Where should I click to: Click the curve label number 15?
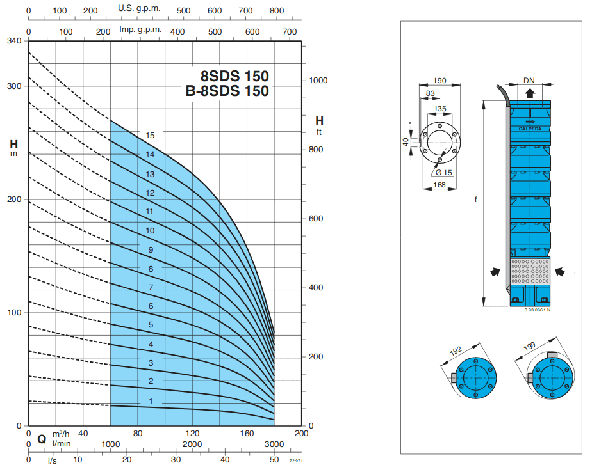[x=150, y=136]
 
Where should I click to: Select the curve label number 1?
[x=151, y=401]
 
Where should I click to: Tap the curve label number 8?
[x=151, y=269]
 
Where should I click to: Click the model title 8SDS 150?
[x=234, y=75]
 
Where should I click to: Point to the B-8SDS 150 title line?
[x=227, y=91]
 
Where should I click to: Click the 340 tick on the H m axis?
[x=14, y=41]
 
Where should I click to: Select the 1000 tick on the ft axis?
[x=318, y=81]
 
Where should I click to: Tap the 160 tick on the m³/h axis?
[x=247, y=433]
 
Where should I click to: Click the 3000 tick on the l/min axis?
[x=274, y=444]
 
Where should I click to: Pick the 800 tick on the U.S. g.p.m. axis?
[x=277, y=11]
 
